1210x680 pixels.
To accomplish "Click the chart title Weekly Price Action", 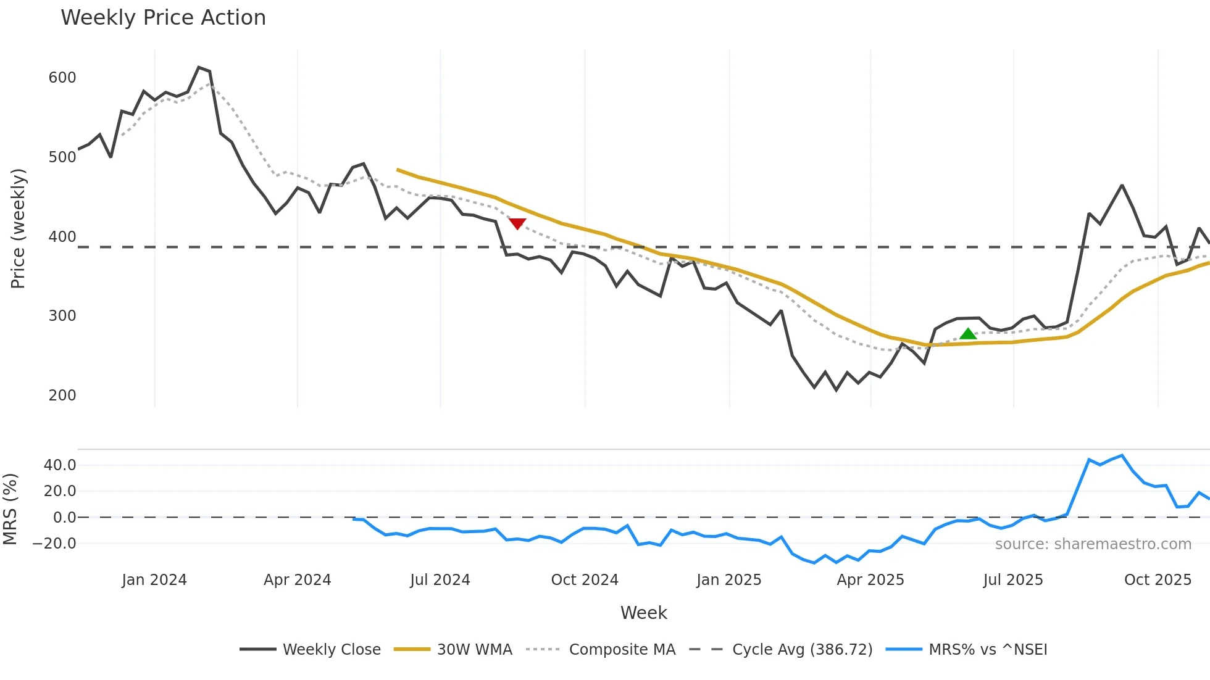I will click(x=163, y=18).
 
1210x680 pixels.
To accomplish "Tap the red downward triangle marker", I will click(x=517, y=224).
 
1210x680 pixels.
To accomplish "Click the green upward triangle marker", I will click(x=968, y=334).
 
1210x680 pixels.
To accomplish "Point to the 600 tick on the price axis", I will click(x=62, y=78).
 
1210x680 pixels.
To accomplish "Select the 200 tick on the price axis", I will click(x=62, y=396).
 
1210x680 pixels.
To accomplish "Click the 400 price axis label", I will click(x=62, y=237).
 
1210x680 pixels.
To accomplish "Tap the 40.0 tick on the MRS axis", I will click(x=60, y=465).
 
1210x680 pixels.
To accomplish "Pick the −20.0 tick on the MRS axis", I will click(x=55, y=544).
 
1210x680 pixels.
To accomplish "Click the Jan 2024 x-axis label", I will click(x=154, y=580).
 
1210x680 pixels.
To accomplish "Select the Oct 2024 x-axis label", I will click(x=585, y=580).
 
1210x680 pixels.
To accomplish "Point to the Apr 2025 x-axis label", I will click(x=870, y=580).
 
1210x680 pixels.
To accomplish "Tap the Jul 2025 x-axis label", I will click(x=1013, y=580).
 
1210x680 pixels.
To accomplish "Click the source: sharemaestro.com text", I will click(x=1093, y=544).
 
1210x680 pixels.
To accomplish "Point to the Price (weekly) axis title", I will click(x=18, y=228).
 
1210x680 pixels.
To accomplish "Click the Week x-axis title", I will click(x=644, y=613).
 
